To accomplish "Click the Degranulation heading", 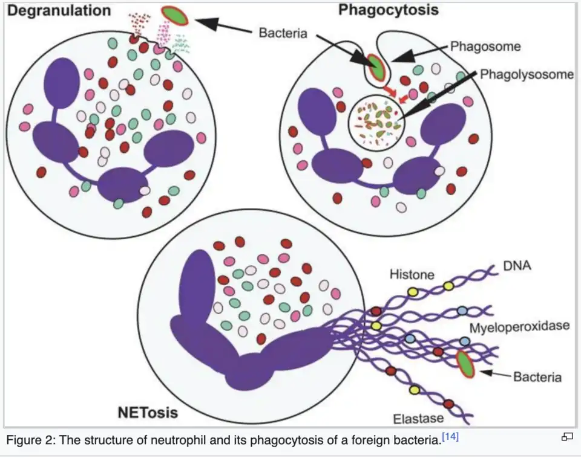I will [59, 10].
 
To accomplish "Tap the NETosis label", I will [147, 413].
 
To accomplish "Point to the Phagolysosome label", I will [527, 74].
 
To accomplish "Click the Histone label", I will [412, 274].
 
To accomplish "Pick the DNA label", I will [517, 265].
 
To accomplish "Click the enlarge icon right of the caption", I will [567, 437].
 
